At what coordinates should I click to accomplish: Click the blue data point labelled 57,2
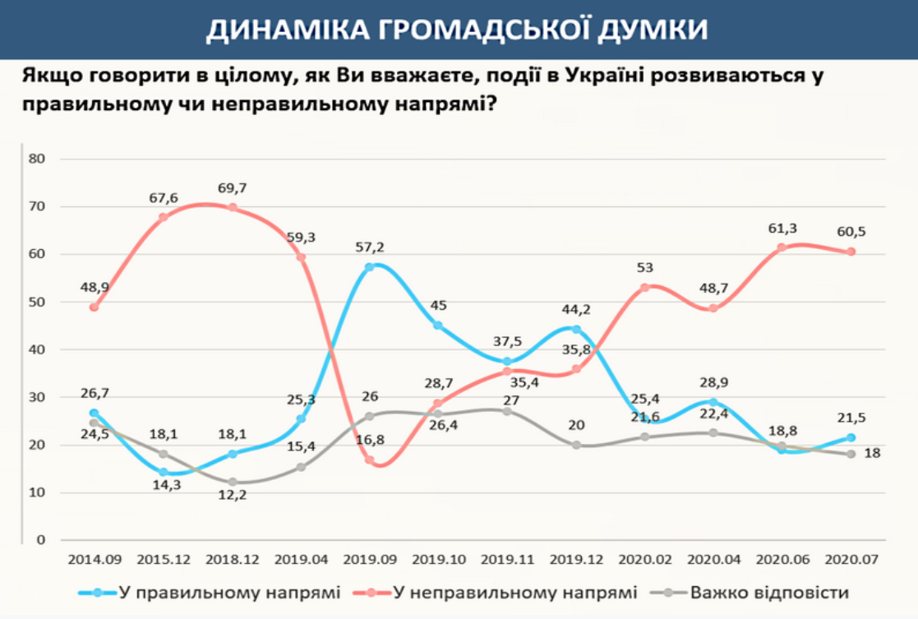370,267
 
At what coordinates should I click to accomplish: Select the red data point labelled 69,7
233,207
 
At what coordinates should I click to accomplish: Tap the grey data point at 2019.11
507,411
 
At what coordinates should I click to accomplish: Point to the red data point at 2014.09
94,307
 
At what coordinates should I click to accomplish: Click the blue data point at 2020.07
851,437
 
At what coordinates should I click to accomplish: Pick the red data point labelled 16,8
370,460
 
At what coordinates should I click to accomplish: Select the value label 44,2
575,310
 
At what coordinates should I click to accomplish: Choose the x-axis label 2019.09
370,559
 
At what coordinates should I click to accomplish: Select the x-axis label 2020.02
645,559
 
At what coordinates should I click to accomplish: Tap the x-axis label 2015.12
163,559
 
